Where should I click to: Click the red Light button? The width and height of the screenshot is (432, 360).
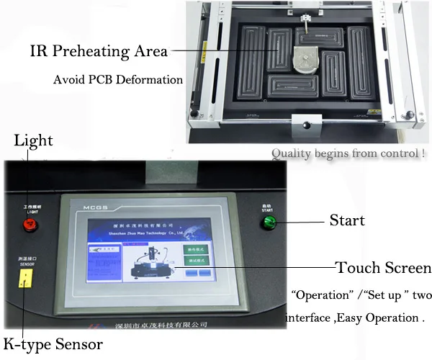point(30,225)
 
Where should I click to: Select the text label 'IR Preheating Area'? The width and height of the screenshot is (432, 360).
point(99,51)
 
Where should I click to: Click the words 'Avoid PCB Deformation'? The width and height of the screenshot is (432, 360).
point(118,79)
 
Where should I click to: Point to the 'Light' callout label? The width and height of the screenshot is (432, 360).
point(33,140)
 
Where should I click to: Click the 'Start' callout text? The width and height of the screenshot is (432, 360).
point(347,220)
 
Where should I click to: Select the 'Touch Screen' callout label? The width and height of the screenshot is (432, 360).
point(384,268)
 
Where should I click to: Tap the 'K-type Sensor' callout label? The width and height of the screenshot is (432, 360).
point(52,344)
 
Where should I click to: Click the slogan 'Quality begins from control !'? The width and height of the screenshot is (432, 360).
point(348,153)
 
